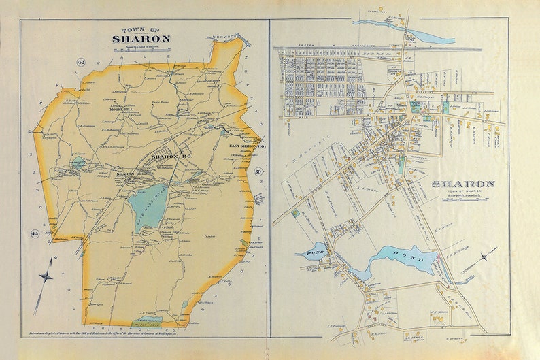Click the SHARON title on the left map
point(141,39)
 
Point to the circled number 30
point(258,172)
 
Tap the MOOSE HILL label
point(109,109)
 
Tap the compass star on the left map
point(46,276)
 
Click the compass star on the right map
point(484,258)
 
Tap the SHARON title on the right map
point(463,184)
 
